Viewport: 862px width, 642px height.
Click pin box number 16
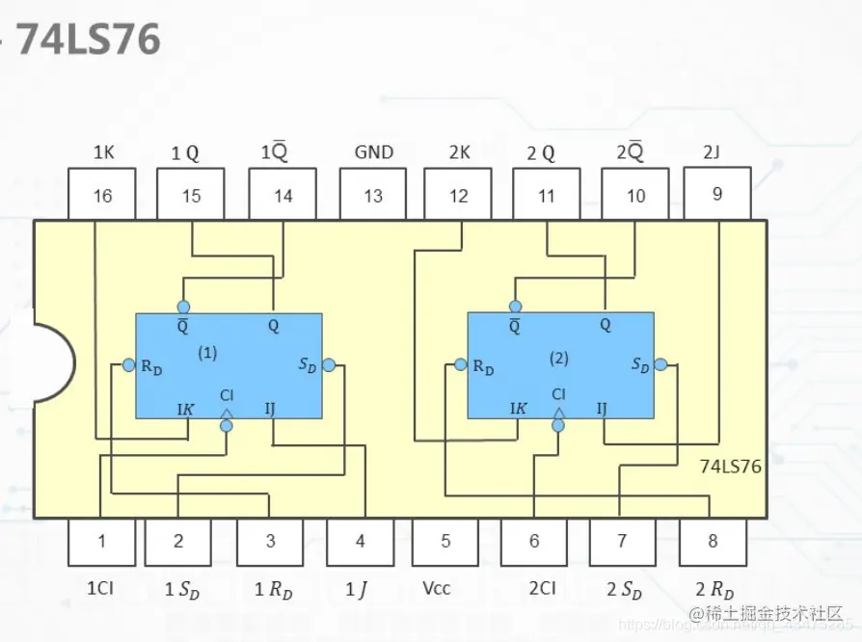pyautogui.click(x=101, y=195)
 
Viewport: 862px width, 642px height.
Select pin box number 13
pyautogui.click(x=373, y=195)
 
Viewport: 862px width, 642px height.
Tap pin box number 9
pyautogui.click(x=716, y=193)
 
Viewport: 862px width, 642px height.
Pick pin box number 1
pyautogui.click(x=102, y=541)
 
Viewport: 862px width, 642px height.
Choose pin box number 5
pyautogui.click(x=445, y=541)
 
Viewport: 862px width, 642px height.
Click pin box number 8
pyautogui.click(x=713, y=541)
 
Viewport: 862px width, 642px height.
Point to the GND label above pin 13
pyautogui.click(x=374, y=152)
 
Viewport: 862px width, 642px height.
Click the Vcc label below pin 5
pyautogui.click(x=445, y=587)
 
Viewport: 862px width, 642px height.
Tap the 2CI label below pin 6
pyautogui.click(x=541, y=587)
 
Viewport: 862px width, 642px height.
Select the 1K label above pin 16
pyautogui.click(x=104, y=152)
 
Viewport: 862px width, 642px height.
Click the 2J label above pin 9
pyautogui.click(x=712, y=152)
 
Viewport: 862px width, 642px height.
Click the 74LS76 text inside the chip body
pyautogui.click(x=731, y=467)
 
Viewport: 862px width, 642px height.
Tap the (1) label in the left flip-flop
pyautogui.click(x=207, y=353)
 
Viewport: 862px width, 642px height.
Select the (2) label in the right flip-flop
pyautogui.click(x=559, y=358)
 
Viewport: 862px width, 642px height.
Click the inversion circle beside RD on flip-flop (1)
pyautogui.click(x=127, y=365)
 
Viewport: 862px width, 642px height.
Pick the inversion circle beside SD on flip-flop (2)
pyautogui.click(x=660, y=364)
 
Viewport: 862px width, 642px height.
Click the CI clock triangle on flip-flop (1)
pyautogui.click(x=227, y=414)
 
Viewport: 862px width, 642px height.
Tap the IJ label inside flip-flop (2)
pyautogui.click(x=602, y=409)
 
